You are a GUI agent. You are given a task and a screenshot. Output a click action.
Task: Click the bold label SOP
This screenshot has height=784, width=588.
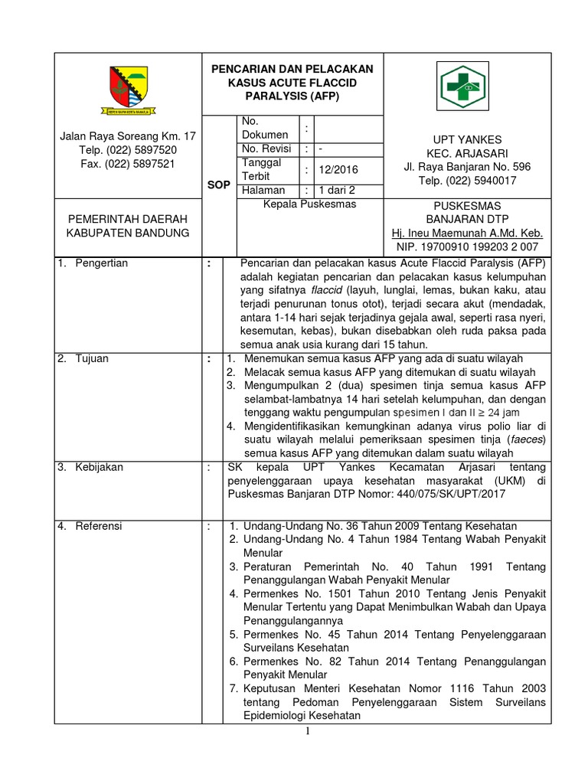(219, 185)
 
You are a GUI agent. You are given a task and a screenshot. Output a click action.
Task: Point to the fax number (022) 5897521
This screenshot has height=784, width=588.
(128, 164)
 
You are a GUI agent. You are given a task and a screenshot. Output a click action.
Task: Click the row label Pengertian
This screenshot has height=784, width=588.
(102, 263)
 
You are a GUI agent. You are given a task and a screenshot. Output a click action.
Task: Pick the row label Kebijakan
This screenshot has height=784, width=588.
(99, 466)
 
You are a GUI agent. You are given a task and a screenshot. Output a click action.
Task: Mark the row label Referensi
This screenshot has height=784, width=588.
(99, 526)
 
